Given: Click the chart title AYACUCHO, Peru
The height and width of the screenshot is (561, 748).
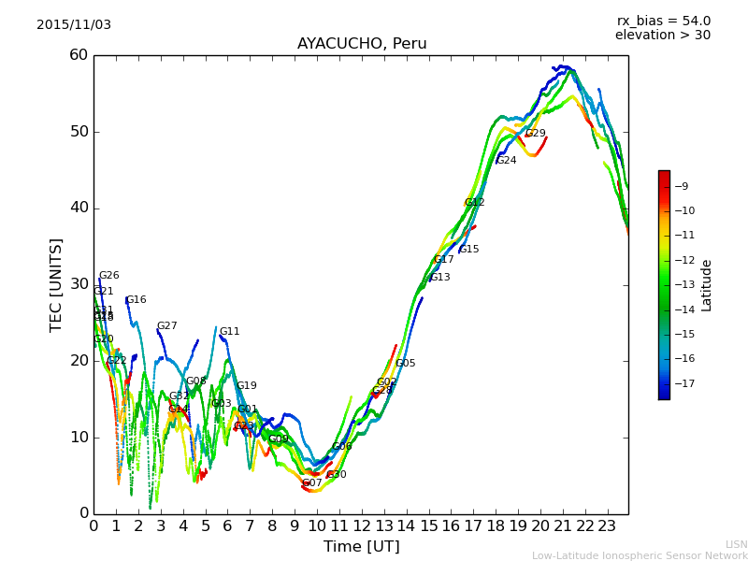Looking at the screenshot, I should pos(362,44).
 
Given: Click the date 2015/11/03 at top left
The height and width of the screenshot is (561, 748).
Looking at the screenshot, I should pos(74,25).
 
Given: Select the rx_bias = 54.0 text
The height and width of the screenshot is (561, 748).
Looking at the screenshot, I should pos(663,22).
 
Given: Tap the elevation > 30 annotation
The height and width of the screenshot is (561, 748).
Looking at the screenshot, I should pos(662,36).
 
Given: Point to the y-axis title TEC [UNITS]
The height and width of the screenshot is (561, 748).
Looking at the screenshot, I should pos(56,284).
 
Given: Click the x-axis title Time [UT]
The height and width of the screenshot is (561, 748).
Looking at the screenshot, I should pos(361,546).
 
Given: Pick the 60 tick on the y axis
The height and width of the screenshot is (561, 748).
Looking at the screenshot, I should pos(79,55).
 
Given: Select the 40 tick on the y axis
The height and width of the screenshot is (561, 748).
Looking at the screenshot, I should pos(79,208).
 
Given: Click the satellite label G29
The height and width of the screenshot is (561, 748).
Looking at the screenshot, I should pos(535,134).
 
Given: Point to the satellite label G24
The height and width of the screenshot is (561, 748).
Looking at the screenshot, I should pos(506,161).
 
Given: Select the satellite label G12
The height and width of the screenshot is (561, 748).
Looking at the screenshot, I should pos(475,203).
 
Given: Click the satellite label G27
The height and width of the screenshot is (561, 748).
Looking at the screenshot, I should pos(166,326).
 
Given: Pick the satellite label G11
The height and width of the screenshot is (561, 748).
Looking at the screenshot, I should pos(229,332).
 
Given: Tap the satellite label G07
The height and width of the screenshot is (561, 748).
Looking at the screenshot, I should pos(311,483).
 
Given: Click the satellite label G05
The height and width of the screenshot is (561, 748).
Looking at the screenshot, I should pos(405,364).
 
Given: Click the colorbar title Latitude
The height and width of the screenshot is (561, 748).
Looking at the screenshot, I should pos(707,285).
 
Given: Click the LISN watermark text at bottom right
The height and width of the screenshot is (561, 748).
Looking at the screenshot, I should pos(736,544).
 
